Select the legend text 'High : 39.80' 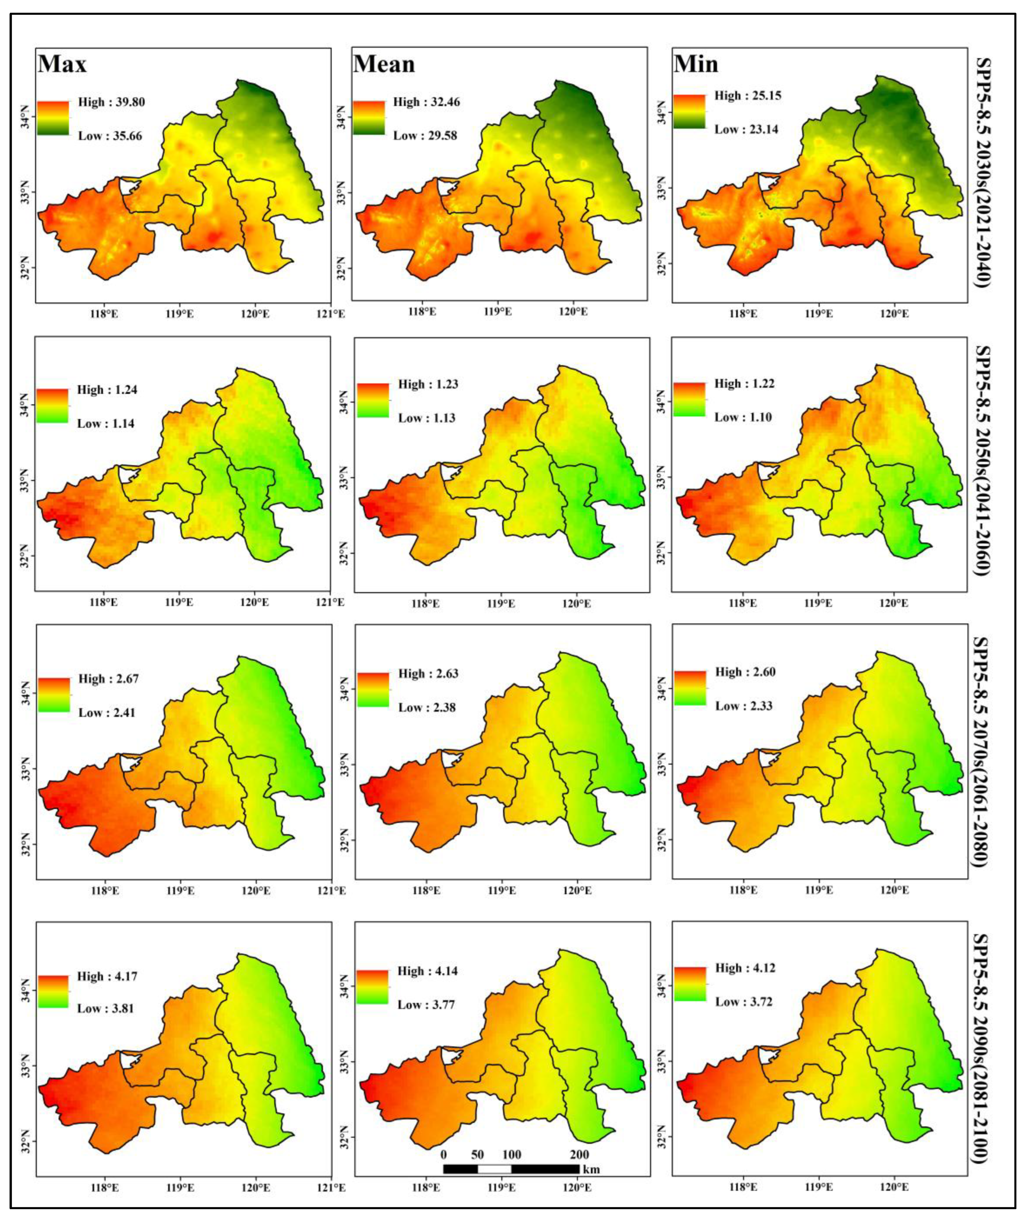pyautogui.click(x=111, y=102)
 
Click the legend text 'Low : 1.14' pyautogui.click(x=106, y=423)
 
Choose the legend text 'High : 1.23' pyautogui.click(x=428, y=384)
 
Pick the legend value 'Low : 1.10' pyautogui.click(x=743, y=417)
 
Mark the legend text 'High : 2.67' pyautogui.click(x=109, y=679)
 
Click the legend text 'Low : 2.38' pyautogui.click(x=426, y=707)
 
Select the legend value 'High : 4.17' pyautogui.click(x=107, y=976)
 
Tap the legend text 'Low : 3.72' pyautogui.click(x=744, y=1002)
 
